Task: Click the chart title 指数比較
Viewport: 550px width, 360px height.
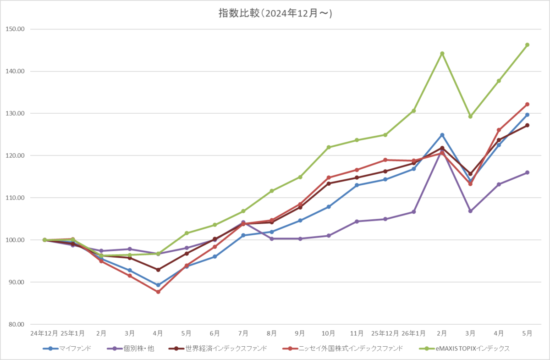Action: pyautogui.click(x=239, y=13)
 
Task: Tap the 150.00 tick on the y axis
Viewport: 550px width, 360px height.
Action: pyautogui.click(x=15, y=29)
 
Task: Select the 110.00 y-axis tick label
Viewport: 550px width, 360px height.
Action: pyautogui.click(x=15, y=198)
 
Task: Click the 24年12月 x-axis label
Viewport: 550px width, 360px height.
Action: pyautogui.click(x=44, y=333)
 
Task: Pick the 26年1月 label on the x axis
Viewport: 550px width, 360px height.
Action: pyautogui.click(x=413, y=333)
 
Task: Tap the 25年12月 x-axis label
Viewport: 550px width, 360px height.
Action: pyautogui.click(x=385, y=333)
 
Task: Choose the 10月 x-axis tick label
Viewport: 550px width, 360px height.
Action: pyautogui.click(x=328, y=333)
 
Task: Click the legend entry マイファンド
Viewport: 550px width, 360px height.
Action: pyautogui.click(x=67, y=349)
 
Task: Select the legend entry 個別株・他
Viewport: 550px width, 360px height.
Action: pyautogui.click(x=131, y=349)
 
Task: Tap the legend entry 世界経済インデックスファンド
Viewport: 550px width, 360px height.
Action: pyautogui.click(x=218, y=349)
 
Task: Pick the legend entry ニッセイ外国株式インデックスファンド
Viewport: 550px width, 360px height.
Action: pyautogui.click(x=343, y=349)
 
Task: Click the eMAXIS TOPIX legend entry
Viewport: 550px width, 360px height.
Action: pyautogui.click(x=464, y=349)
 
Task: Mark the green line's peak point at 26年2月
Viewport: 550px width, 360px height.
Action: pyautogui.click(x=442, y=53)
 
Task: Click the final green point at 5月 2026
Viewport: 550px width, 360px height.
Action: pyautogui.click(x=527, y=45)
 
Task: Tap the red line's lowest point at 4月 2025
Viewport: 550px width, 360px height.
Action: pyautogui.click(x=158, y=292)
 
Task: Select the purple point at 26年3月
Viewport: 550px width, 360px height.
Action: pyautogui.click(x=470, y=211)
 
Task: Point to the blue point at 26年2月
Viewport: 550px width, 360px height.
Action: pyautogui.click(x=442, y=135)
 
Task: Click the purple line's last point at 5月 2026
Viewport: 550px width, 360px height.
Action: pyautogui.click(x=527, y=172)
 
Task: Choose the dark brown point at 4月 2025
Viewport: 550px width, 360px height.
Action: pyautogui.click(x=158, y=270)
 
